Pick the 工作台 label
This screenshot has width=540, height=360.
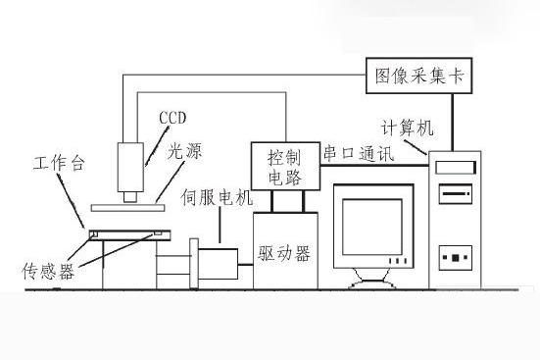(x=55, y=162)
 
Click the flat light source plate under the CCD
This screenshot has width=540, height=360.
(x=128, y=207)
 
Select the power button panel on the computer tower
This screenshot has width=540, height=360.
(x=455, y=260)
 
